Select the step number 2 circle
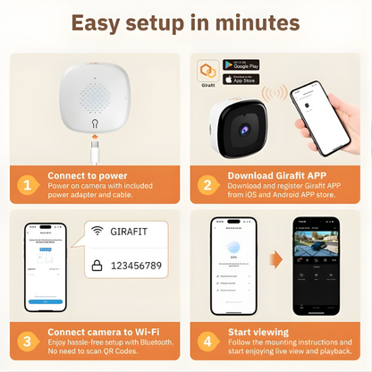(x=207, y=184)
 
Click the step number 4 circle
(x=207, y=340)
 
